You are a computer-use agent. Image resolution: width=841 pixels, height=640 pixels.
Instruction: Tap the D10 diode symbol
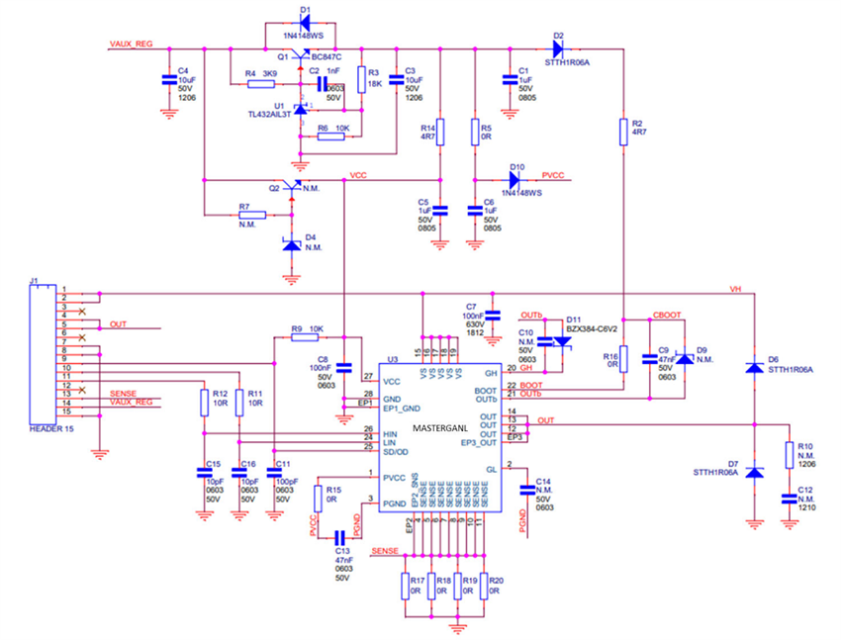[514, 180]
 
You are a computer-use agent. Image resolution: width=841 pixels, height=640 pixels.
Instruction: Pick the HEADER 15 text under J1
[45, 429]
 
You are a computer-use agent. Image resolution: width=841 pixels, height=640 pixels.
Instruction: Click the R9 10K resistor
[305, 337]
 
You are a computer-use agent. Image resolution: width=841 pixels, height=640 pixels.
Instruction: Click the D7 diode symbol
[754, 473]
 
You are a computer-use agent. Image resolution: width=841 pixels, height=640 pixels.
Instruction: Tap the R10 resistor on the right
[789, 454]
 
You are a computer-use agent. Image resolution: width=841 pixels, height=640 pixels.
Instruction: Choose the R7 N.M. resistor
[251, 214]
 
